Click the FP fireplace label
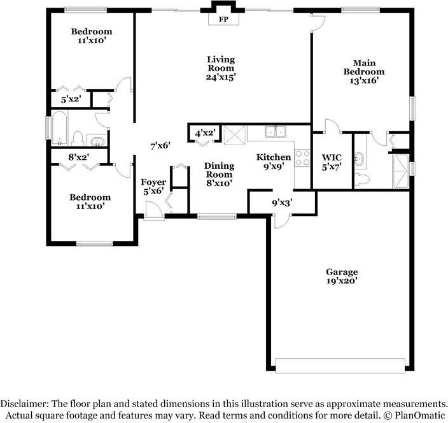click(x=224, y=20)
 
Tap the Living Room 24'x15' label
click(x=221, y=68)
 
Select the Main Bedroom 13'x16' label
click(x=364, y=71)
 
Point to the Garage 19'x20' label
click(x=342, y=276)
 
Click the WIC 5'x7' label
click(x=332, y=162)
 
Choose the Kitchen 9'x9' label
click(x=274, y=162)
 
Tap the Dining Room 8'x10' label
click(x=219, y=175)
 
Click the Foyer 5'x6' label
click(x=153, y=187)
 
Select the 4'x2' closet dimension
click(x=205, y=133)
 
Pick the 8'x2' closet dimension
click(x=78, y=157)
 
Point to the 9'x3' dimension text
click(x=282, y=203)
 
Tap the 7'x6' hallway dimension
click(x=160, y=146)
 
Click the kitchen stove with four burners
click(x=302, y=158)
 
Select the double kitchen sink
click(x=276, y=132)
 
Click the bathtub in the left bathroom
click(x=59, y=128)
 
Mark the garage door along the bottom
click(x=340, y=366)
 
